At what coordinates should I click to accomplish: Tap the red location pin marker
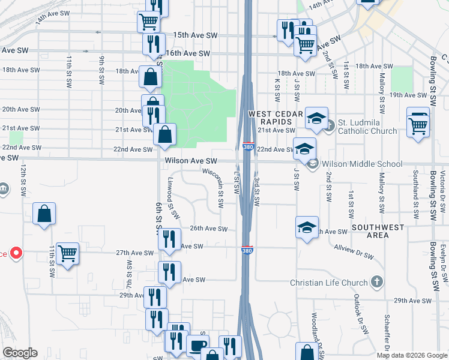coord(16,253)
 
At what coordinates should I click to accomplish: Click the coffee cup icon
coord(198,346)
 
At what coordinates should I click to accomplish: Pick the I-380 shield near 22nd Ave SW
coord(248,147)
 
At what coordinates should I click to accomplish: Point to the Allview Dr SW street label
coord(354,253)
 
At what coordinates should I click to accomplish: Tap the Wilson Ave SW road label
coord(190,161)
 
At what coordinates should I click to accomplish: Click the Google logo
coord(20,353)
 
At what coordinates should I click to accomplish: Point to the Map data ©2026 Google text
coord(412,355)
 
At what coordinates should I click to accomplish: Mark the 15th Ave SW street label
coord(194,36)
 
